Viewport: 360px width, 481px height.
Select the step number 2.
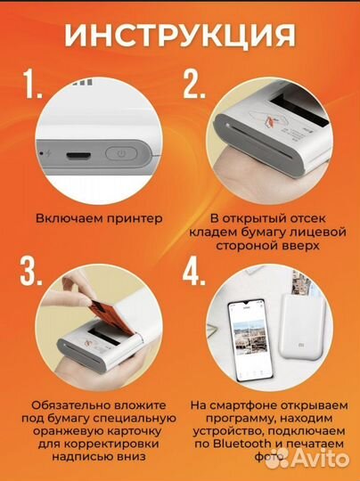coord(194,86)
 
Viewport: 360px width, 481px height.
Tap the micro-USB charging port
coord(77,155)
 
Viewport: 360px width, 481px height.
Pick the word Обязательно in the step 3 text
coord(62,404)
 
